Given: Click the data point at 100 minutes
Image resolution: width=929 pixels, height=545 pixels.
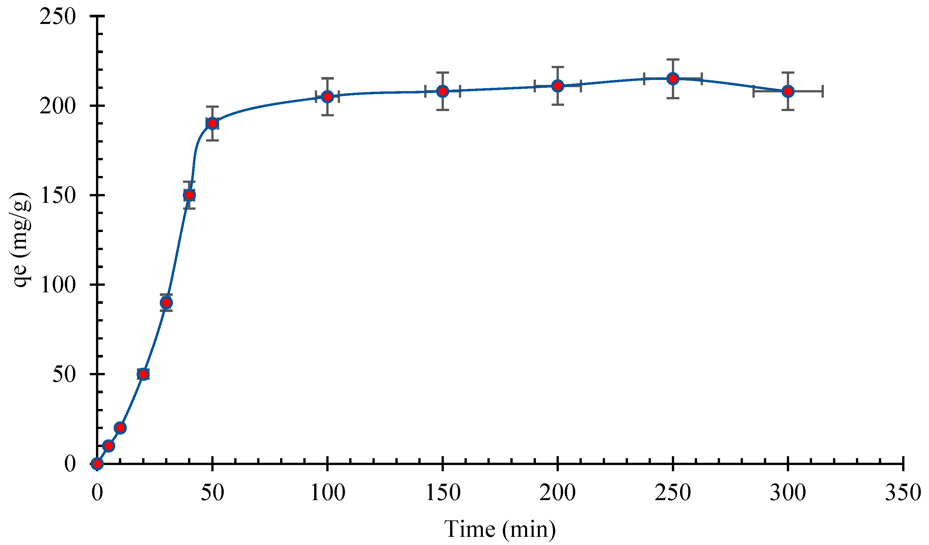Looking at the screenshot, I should point(327,97).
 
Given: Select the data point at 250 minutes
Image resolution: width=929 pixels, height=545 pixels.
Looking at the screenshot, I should point(673,79).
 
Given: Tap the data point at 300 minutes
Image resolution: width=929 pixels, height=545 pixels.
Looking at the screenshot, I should point(788,91).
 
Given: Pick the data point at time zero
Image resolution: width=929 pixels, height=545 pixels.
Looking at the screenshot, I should point(97,463).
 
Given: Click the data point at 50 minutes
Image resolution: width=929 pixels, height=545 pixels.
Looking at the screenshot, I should point(212,124).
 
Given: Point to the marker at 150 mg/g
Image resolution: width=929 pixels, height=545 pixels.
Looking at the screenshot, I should point(189,195).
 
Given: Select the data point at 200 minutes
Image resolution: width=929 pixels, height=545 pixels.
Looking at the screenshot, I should point(558,86).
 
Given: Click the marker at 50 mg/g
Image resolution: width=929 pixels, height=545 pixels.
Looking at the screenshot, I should point(143,374).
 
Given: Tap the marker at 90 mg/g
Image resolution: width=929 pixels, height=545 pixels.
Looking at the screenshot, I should point(166,303).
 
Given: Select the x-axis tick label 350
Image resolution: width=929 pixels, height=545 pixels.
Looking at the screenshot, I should point(902,492).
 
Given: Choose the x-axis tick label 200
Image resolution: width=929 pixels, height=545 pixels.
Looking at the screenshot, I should point(558,492).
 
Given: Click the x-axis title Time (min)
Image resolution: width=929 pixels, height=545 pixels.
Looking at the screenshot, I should point(500,529).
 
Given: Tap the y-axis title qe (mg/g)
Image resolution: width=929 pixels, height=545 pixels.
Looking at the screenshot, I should point(21,240).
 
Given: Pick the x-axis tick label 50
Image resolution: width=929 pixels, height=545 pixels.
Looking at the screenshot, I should point(212,492).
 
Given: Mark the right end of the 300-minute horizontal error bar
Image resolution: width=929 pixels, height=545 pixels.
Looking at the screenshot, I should point(823,91).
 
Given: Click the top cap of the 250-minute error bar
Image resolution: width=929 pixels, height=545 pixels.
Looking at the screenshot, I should point(673,59).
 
